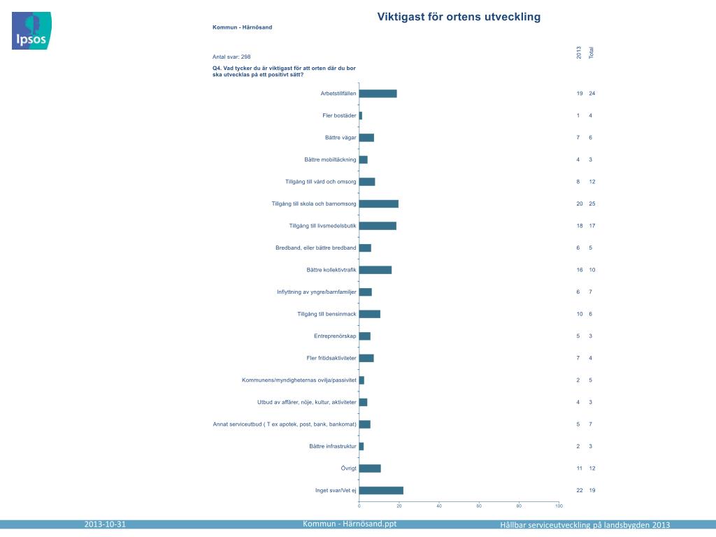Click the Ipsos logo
[31, 31]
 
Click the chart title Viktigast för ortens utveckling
[459, 17]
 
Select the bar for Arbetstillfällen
[378, 94]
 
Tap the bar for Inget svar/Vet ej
[381, 490]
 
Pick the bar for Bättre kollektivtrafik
[375, 270]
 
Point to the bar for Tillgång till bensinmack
[370, 314]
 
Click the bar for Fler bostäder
[361, 115]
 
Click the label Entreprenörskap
[335, 336]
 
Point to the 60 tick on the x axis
[479, 506]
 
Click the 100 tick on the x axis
[559, 506]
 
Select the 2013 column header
[579, 52]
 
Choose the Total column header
[592, 52]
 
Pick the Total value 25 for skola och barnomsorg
[592, 203]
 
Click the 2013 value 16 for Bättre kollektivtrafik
[579, 270]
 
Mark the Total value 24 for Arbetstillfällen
[592, 94]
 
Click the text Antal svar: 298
[231, 56]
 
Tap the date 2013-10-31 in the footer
[105, 524]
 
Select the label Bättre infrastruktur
[333, 446]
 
